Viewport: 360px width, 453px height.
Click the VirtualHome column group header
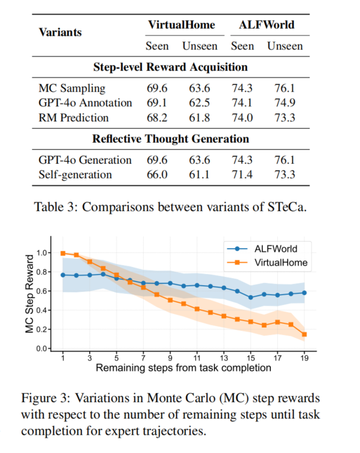click(x=182, y=25)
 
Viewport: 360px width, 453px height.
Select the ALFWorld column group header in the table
click(x=267, y=25)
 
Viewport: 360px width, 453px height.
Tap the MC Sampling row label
click(x=72, y=89)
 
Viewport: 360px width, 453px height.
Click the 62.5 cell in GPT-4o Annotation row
click(x=199, y=103)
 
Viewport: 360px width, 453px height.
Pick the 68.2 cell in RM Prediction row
click(x=157, y=118)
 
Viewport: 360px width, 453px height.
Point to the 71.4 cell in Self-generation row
click(x=242, y=174)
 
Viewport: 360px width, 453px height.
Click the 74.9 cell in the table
click(x=284, y=103)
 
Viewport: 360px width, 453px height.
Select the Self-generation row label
click(x=76, y=175)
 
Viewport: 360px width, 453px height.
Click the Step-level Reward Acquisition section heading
click(x=171, y=67)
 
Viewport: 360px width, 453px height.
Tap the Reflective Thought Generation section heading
click(x=171, y=138)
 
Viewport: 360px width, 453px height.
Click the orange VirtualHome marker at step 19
click(x=304, y=334)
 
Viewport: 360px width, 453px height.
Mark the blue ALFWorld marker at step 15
click(x=250, y=298)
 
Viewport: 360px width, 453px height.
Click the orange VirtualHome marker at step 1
click(x=63, y=253)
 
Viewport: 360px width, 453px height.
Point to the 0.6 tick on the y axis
click(x=41, y=291)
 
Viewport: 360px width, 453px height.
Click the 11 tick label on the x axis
click(x=197, y=359)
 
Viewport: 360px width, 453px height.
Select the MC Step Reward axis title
click(x=29, y=294)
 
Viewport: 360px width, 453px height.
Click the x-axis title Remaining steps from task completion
click(x=184, y=368)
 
